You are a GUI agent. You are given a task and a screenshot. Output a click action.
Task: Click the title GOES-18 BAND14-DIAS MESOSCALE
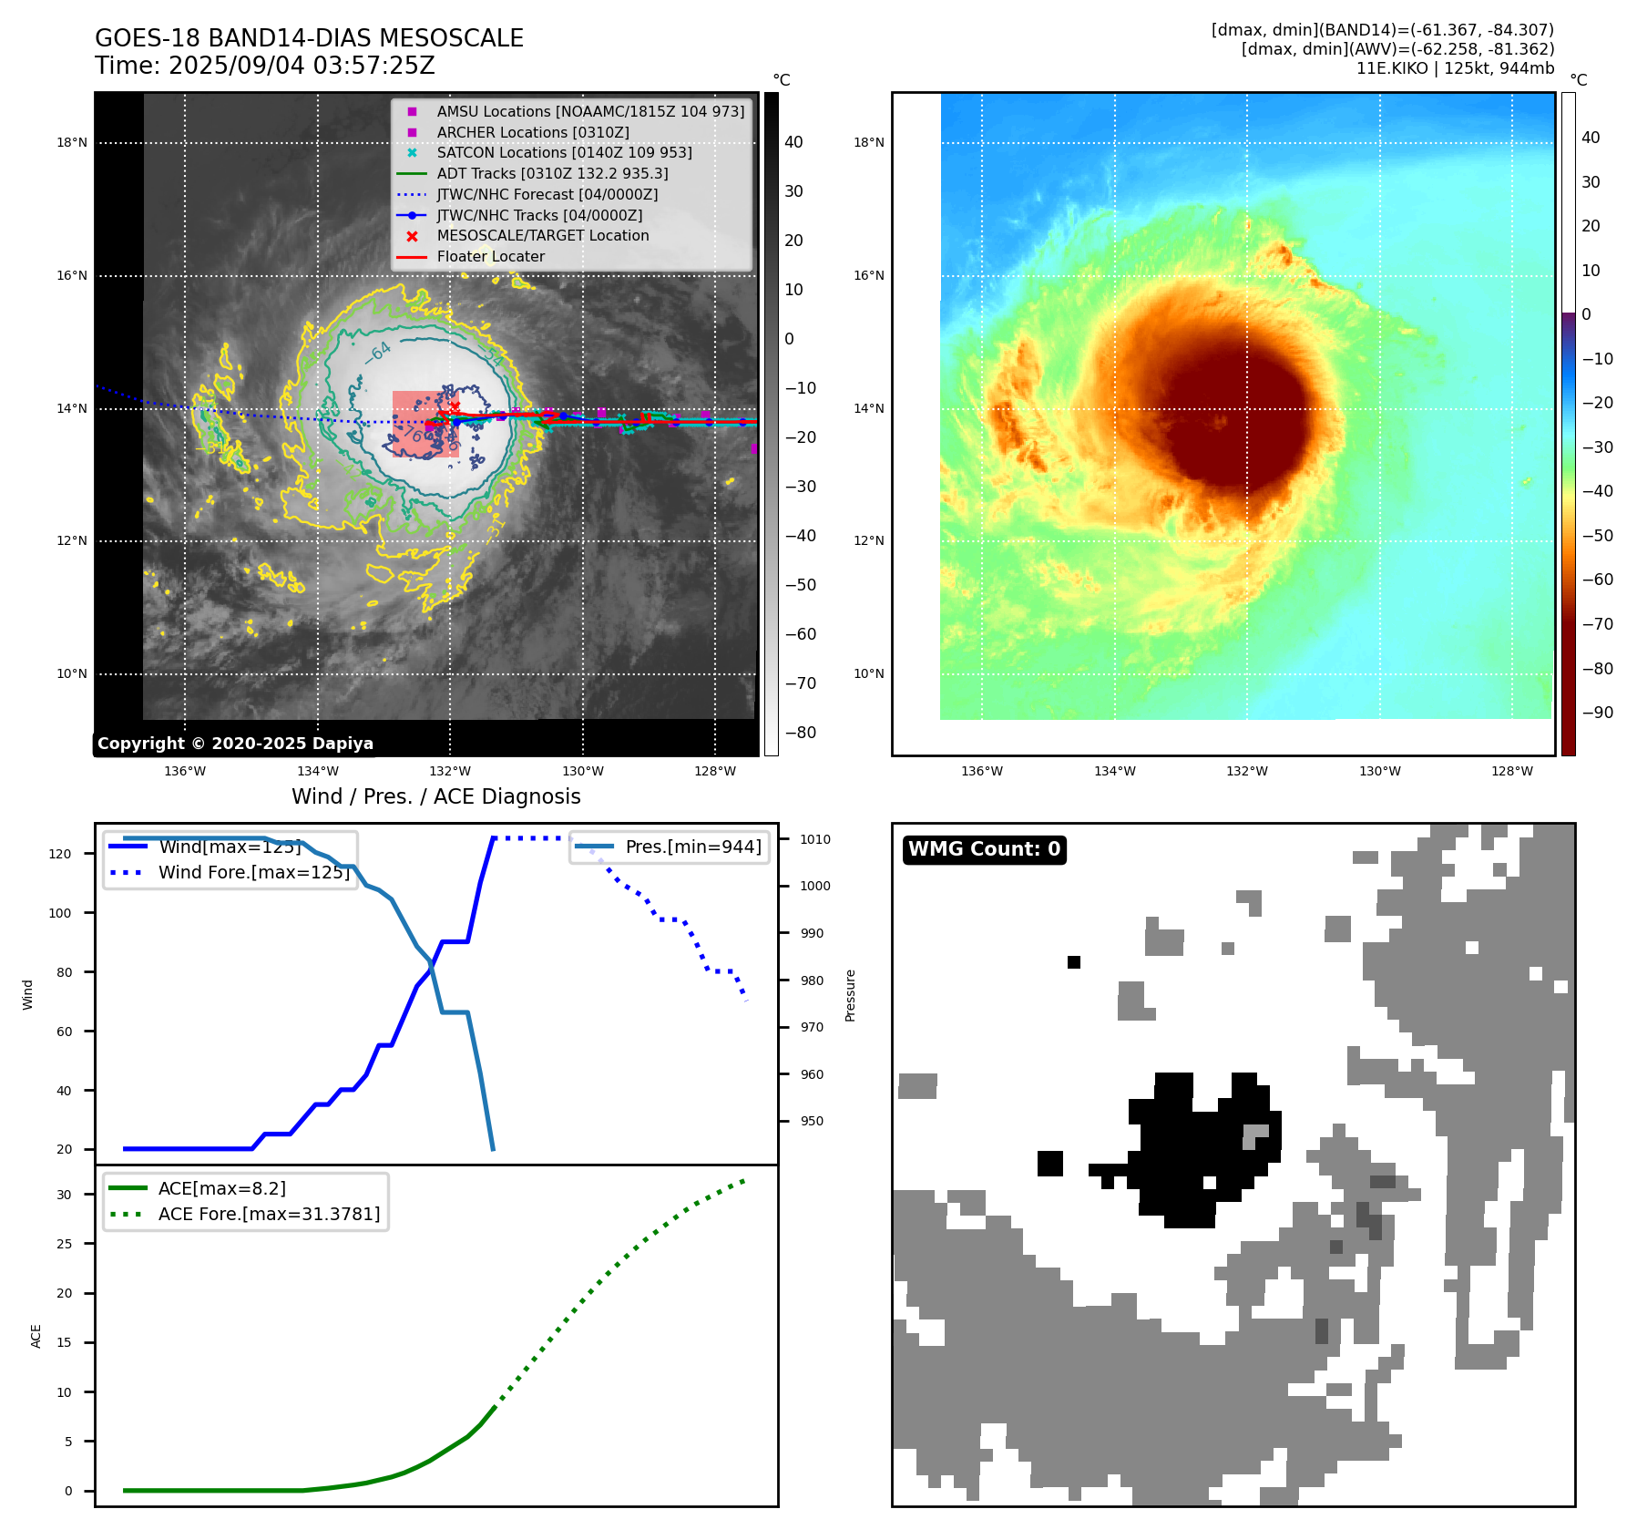(x=309, y=38)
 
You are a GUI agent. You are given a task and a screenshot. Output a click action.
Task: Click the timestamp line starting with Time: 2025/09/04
(x=265, y=66)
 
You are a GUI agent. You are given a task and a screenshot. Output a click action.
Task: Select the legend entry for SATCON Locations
(x=564, y=152)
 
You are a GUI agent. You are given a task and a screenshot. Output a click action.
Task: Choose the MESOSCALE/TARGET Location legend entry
(x=542, y=235)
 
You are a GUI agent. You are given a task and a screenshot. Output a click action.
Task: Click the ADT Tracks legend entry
(x=552, y=173)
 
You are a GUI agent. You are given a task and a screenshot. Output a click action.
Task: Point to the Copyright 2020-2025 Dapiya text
(x=235, y=744)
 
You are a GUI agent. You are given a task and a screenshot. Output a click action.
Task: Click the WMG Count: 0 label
(x=984, y=849)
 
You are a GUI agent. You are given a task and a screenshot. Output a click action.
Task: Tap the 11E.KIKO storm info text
(x=1455, y=68)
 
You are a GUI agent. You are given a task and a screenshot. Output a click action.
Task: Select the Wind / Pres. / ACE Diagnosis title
(x=435, y=796)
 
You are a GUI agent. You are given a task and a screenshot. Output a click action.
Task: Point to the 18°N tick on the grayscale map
(x=72, y=142)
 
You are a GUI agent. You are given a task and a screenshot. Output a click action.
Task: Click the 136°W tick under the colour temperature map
(x=981, y=771)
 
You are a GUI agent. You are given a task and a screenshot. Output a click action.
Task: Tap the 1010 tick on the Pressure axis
(x=815, y=839)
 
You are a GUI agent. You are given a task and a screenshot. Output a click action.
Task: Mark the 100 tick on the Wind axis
(x=60, y=913)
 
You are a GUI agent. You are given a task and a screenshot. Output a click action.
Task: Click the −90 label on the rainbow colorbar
(x=1597, y=713)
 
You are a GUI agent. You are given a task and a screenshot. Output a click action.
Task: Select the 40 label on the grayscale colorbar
(x=793, y=142)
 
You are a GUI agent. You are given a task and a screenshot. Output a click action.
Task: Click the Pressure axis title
(x=850, y=995)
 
